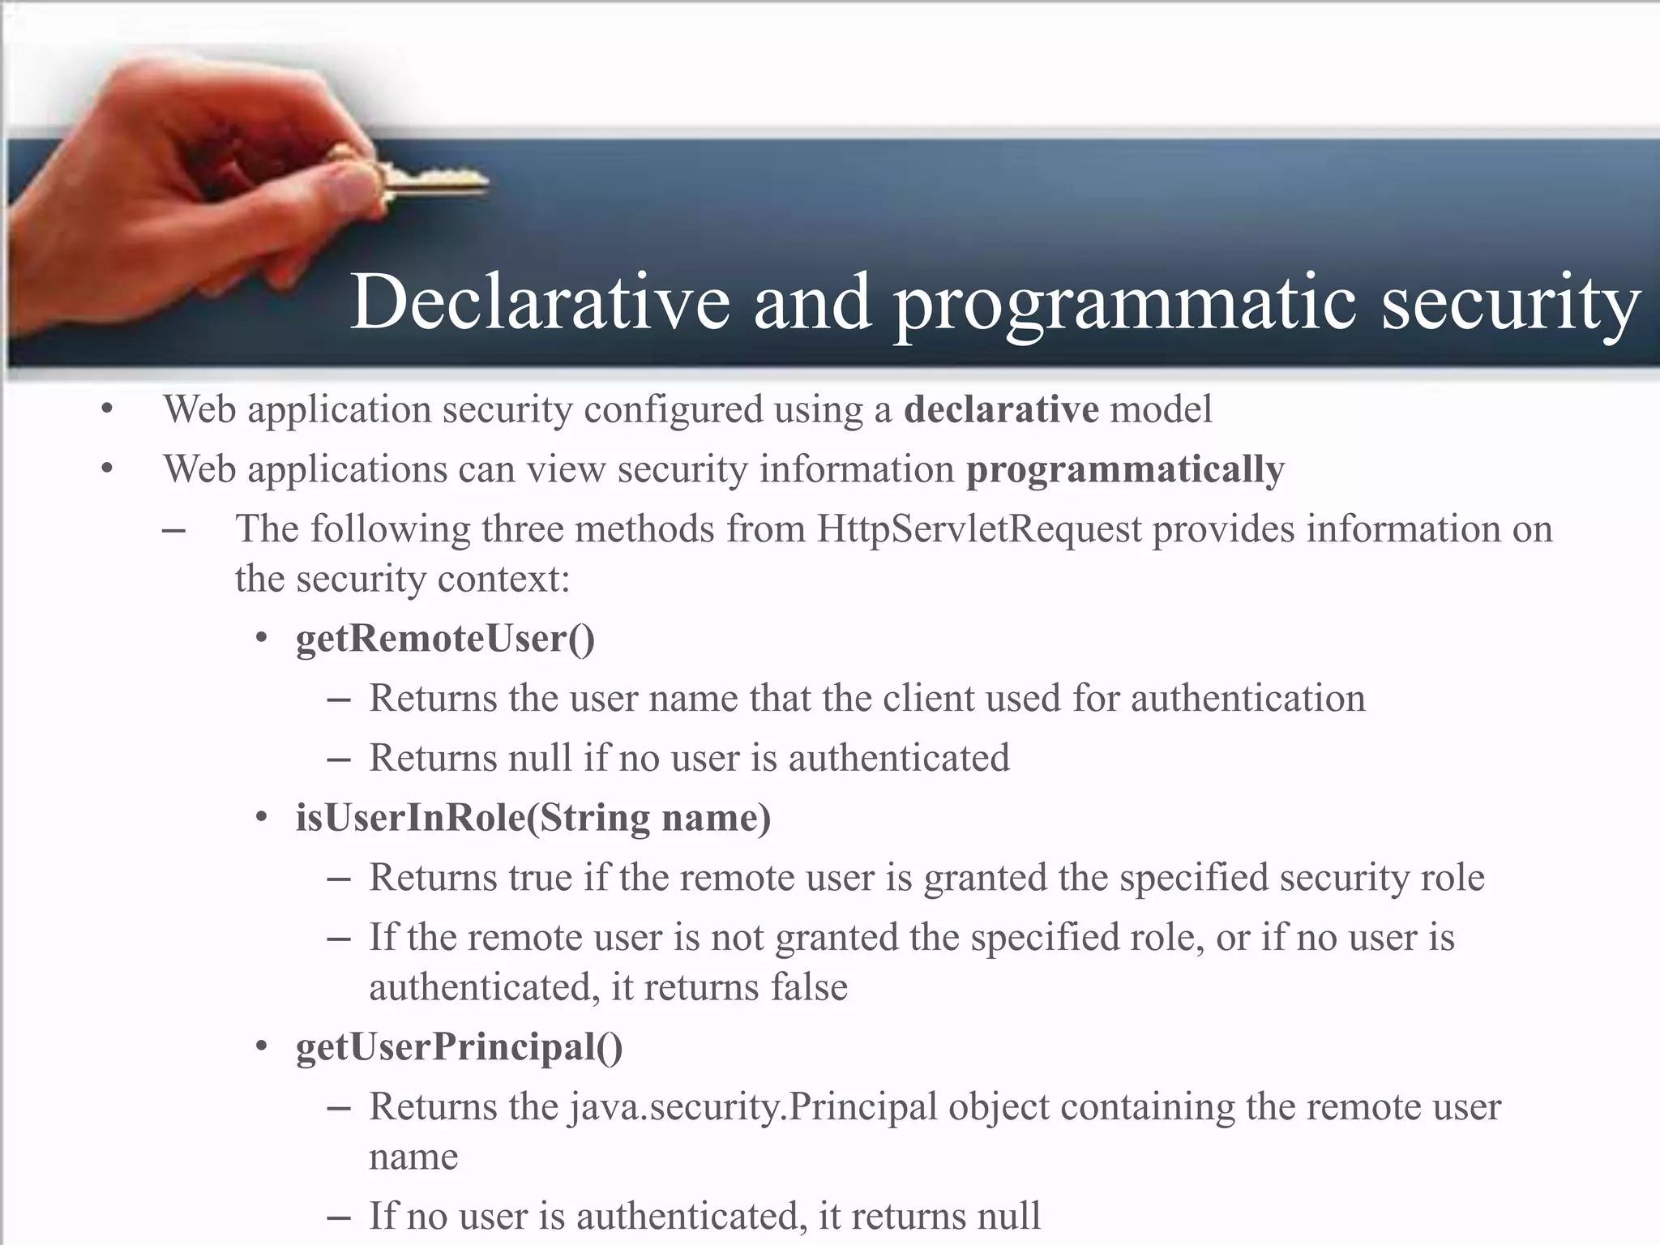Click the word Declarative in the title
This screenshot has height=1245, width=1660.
[x=540, y=302]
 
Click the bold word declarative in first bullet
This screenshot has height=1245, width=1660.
[x=1001, y=409]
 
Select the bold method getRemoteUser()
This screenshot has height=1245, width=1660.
[x=445, y=639]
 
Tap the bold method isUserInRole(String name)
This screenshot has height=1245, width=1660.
[x=533, y=817]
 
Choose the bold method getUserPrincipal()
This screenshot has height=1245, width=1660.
[x=459, y=1046]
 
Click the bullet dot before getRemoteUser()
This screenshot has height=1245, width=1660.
[x=261, y=638]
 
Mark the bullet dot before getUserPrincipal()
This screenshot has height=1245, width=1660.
[x=261, y=1046]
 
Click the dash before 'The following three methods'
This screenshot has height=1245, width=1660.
[x=173, y=530]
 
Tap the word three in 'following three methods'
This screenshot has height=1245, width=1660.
[x=522, y=528]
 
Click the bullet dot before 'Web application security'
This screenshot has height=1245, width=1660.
[x=107, y=409]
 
